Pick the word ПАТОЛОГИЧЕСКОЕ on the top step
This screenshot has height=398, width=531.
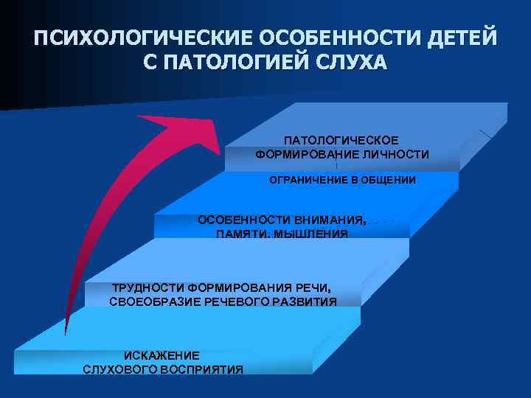pyautogui.click(x=341, y=140)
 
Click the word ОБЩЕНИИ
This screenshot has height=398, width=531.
pyautogui.click(x=387, y=180)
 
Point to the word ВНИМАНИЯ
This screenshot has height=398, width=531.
pyautogui.click(x=330, y=220)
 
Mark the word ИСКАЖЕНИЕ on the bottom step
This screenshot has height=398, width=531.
pyautogui.click(x=162, y=355)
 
